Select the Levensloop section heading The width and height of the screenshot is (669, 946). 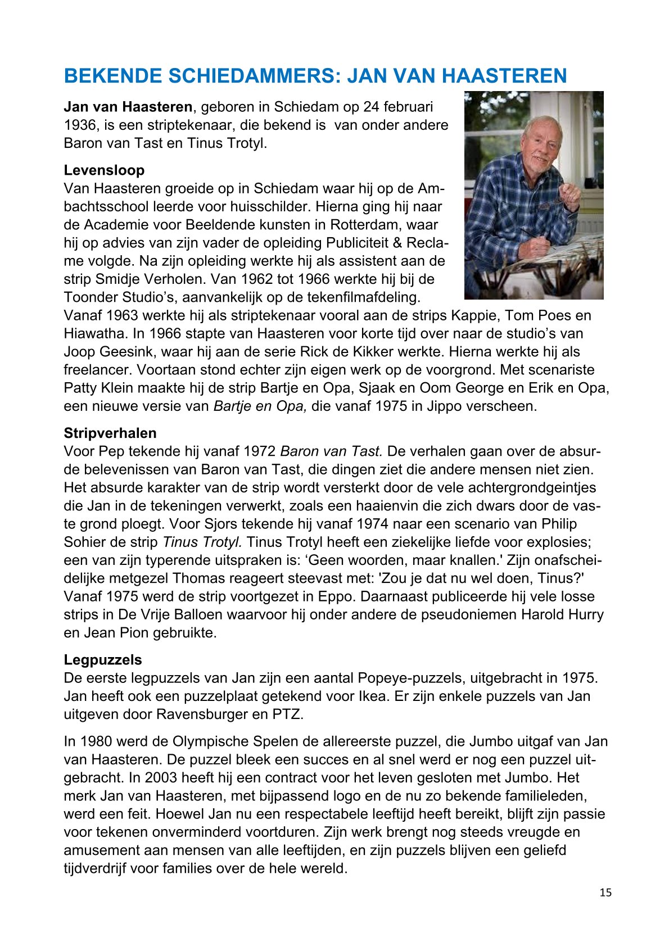click(x=104, y=170)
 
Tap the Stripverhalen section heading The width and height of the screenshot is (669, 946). click(x=110, y=433)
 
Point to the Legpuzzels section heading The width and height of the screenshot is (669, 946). click(x=103, y=660)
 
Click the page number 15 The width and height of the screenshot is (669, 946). click(x=605, y=893)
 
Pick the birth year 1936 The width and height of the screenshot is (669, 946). click(x=80, y=125)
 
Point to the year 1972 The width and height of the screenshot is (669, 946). click(x=260, y=451)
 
